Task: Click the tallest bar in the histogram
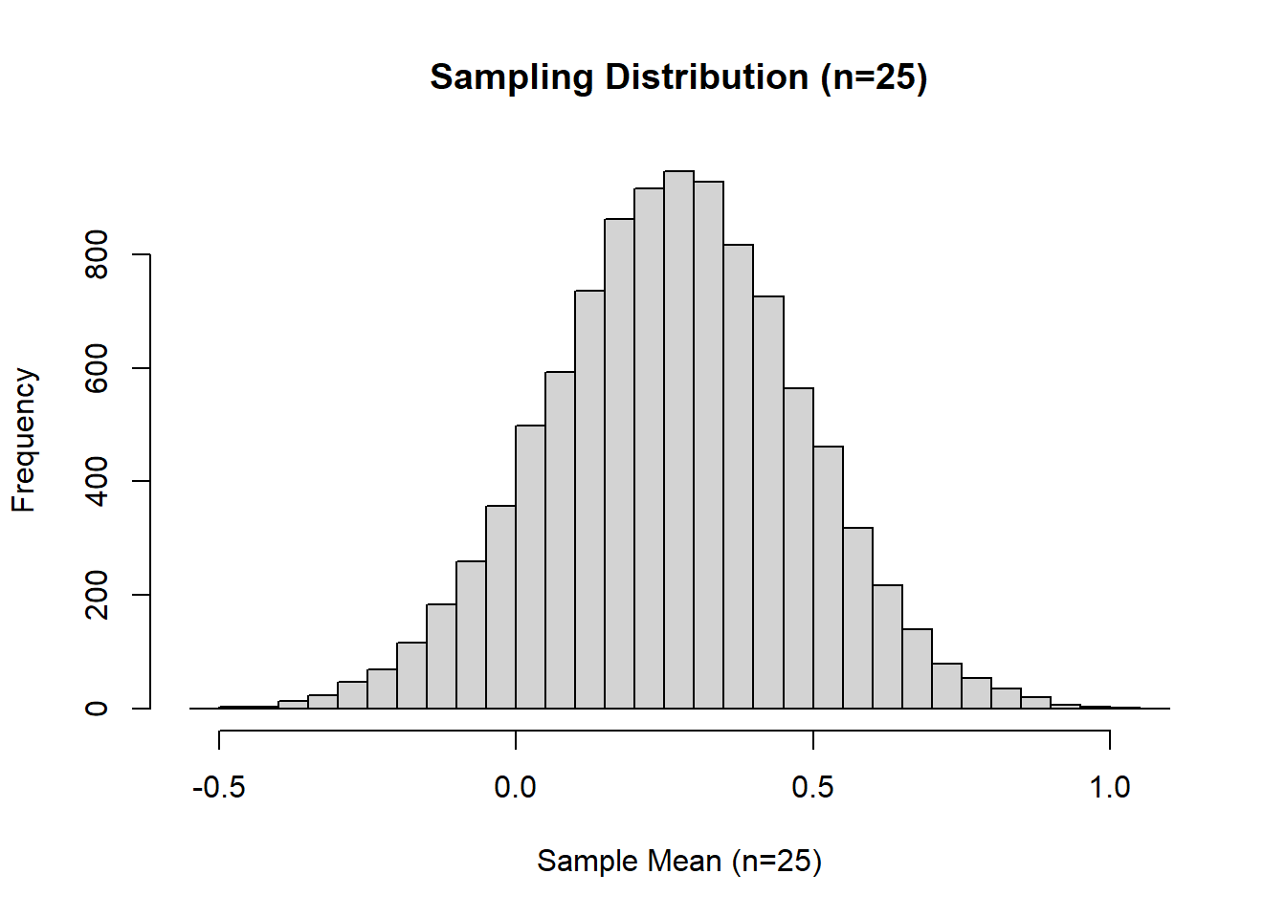(x=678, y=440)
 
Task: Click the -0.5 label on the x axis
(x=219, y=788)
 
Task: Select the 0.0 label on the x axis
(x=515, y=788)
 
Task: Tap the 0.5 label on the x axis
(x=812, y=788)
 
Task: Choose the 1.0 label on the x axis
(x=1110, y=788)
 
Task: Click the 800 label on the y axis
(x=97, y=254)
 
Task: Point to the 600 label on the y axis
(x=97, y=368)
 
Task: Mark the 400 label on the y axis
(x=97, y=481)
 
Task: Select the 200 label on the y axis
(x=97, y=595)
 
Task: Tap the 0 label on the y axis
(x=97, y=708)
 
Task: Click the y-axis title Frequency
(x=23, y=440)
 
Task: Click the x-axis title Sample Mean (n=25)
(x=678, y=861)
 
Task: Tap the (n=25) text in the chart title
(x=874, y=77)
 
